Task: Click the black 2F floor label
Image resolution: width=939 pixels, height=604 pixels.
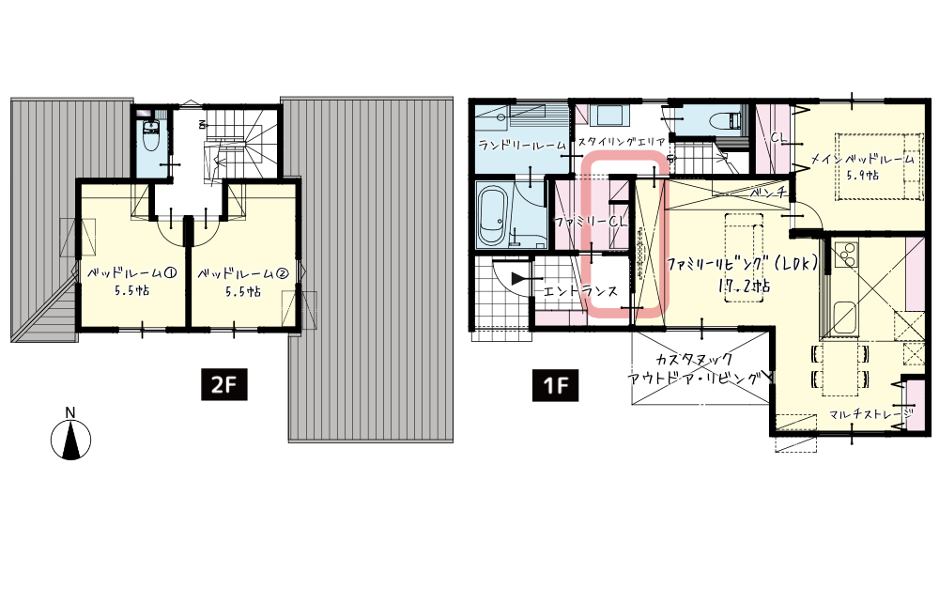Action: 223,385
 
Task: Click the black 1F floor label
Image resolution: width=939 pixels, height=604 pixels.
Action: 556,385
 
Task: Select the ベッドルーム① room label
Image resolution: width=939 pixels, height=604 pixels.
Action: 131,273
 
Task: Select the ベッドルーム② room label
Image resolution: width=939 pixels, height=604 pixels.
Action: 243,273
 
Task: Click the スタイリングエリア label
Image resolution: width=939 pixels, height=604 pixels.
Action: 621,142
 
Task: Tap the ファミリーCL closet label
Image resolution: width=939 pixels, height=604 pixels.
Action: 591,221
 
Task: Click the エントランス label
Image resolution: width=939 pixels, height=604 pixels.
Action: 580,292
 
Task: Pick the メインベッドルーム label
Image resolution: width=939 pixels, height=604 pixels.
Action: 862,160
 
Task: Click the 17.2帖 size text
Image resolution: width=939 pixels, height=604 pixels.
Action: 745,286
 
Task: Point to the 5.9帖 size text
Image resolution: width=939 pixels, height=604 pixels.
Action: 862,176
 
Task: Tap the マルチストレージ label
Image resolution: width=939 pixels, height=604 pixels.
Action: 871,413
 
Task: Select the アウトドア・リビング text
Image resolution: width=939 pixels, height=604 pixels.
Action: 695,379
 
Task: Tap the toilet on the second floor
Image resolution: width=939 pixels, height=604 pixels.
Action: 150,138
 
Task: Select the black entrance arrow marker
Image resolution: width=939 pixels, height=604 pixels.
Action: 517,278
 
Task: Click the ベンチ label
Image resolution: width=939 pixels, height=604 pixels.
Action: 767,194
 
